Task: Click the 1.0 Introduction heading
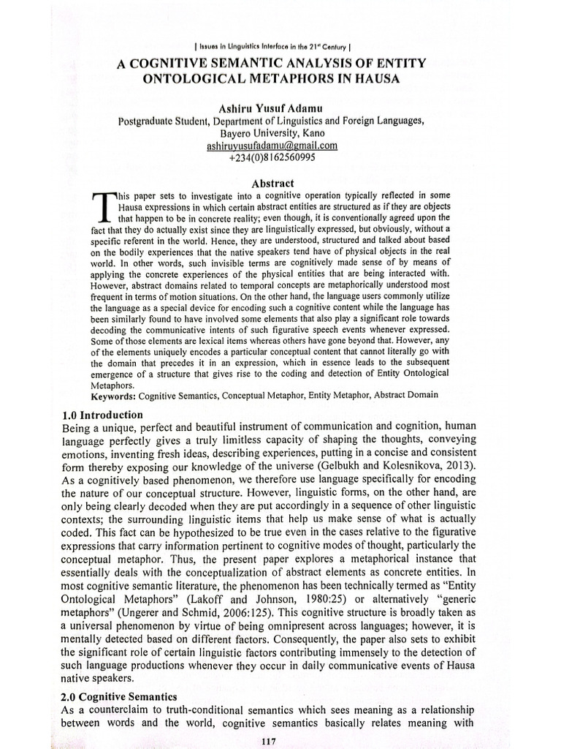(x=102, y=415)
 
